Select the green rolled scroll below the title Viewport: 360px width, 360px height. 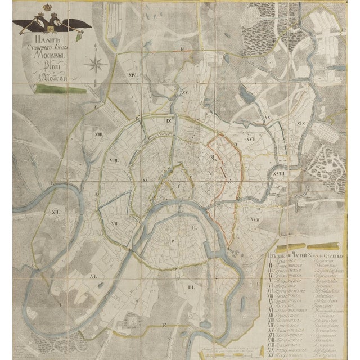[51, 88]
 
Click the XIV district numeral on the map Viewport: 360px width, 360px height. [117, 74]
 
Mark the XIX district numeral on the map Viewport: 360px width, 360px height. [300, 122]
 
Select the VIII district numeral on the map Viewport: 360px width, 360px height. [112, 161]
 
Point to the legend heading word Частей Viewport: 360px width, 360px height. [296, 254]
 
